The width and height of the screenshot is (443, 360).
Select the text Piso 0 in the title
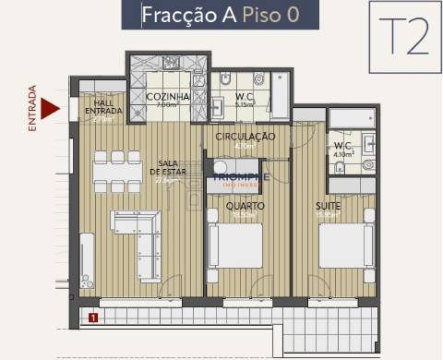tap(269, 15)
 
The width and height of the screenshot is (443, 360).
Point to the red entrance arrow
tap(52, 108)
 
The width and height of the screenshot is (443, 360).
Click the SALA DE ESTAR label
tap(167, 171)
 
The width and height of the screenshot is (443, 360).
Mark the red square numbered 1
tap(93, 319)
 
